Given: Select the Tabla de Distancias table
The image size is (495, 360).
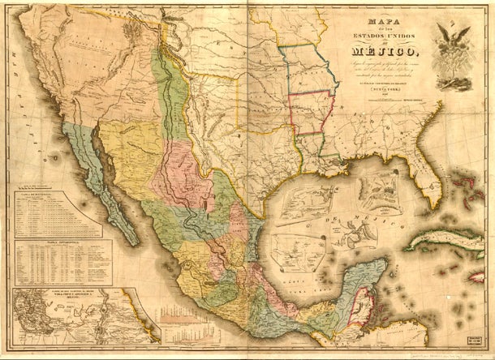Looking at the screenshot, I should click(x=57, y=215).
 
